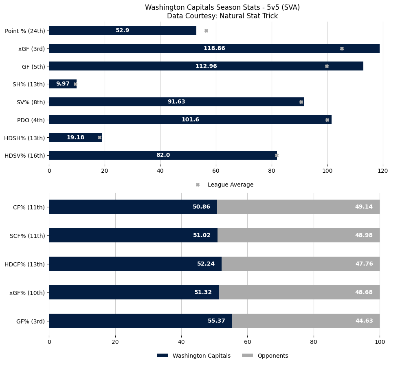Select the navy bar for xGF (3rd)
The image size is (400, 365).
point(163,48)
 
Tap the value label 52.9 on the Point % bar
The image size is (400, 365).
point(122,31)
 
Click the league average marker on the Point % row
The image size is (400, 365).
point(206,31)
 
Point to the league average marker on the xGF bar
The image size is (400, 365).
point(342,48)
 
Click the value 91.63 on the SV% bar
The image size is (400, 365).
point(176,102)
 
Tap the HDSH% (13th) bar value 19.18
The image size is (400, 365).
point(75,138)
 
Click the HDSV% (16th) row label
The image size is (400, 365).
point(25,156)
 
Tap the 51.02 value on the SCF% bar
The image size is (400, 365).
point(202,235)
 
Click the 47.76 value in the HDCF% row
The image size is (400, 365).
point(364,264)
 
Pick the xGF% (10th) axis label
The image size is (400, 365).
point(27,292)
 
